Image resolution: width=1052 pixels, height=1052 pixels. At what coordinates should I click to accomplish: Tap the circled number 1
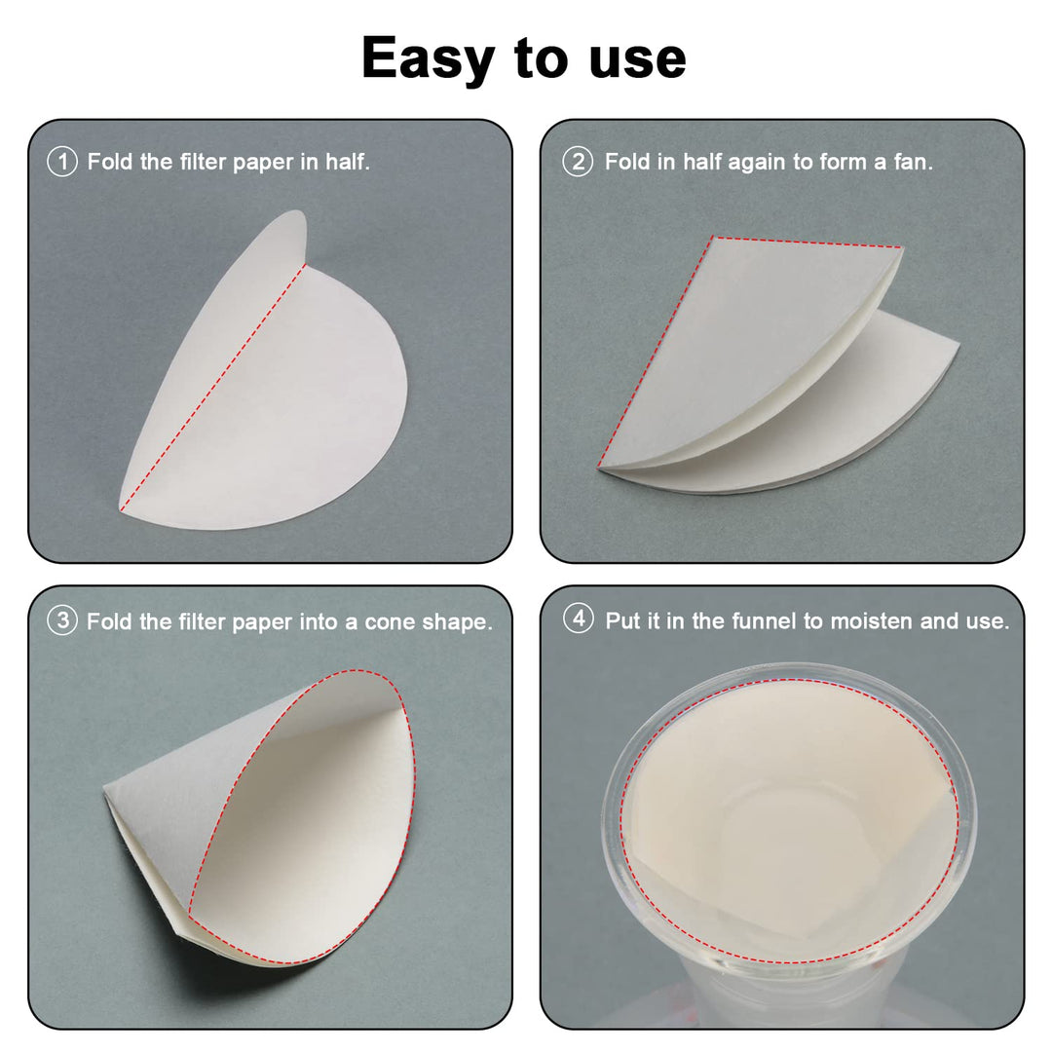pos(62,162)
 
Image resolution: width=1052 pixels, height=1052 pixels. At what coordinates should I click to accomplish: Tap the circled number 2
pos(578,162)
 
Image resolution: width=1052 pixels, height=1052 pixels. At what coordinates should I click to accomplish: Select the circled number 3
pos(62,620)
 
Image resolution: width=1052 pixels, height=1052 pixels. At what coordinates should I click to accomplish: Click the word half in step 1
pos(348,162)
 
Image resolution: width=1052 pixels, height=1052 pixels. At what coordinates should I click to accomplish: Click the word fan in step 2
pos(913,162)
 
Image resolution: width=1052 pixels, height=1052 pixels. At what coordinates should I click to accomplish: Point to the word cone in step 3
pos(391,622)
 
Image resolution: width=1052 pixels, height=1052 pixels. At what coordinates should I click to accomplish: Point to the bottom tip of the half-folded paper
pos(122,507)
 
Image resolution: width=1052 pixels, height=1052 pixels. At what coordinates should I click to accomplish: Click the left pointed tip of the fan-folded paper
pos(599,467)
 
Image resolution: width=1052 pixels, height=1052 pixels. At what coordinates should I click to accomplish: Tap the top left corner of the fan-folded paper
pos(713,237)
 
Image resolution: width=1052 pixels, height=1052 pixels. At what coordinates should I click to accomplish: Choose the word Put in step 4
pos(621,620)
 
